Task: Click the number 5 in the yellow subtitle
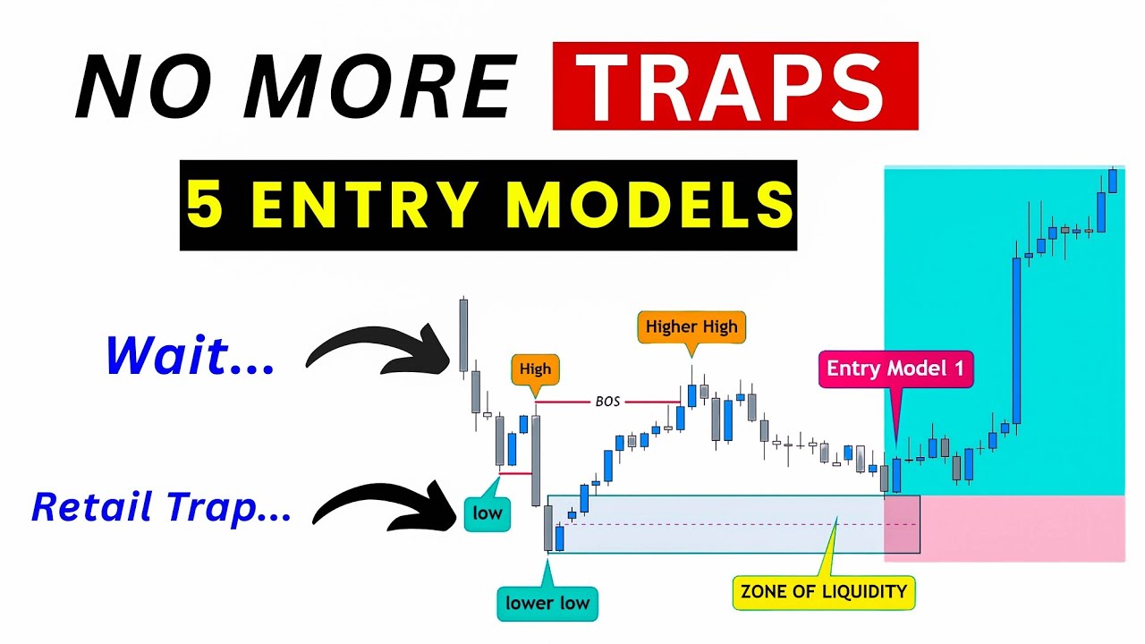[205, 206]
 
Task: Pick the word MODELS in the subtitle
[648, 206]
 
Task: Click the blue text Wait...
[190, 356]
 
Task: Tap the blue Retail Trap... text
[161, 508]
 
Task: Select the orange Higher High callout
[691, 326]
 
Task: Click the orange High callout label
[535, 369]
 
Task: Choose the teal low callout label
[488, 513]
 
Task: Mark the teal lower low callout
[547, 603]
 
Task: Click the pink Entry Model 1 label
[895, 369]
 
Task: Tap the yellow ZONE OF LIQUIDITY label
[823, 591]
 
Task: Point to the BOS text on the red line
[607, 402]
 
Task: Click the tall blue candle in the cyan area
[1016, 340]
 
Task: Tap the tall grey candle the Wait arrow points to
[463, 335]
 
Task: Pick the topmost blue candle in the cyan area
[1113, 180]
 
